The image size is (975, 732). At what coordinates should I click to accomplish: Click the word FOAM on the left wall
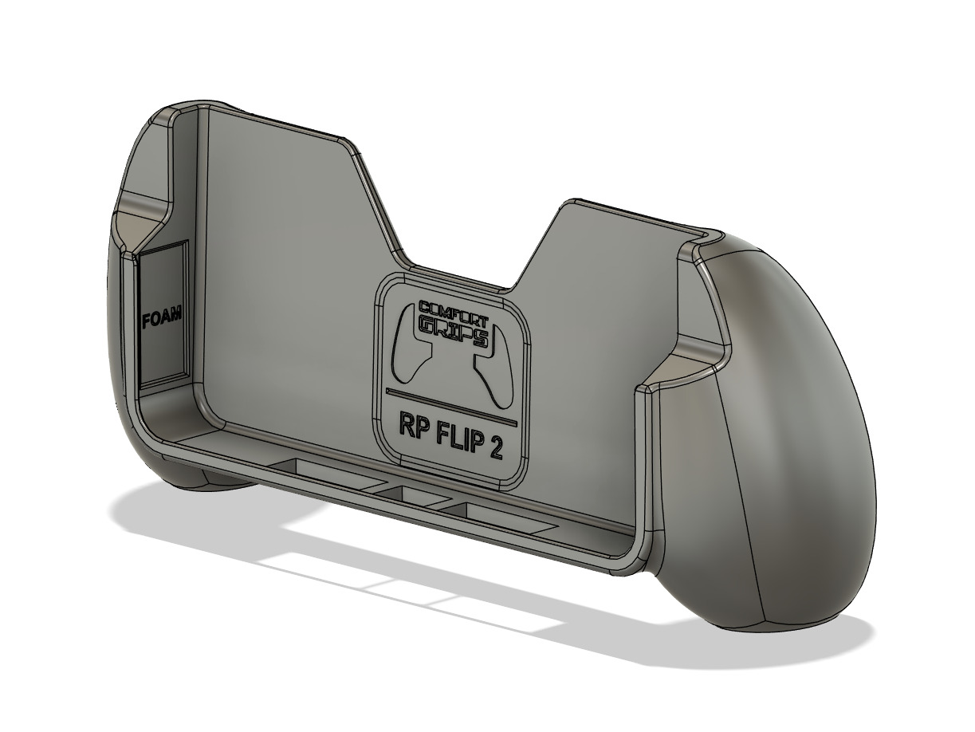coord(161,320)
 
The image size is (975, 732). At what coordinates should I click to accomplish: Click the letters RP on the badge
coord(412,424)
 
